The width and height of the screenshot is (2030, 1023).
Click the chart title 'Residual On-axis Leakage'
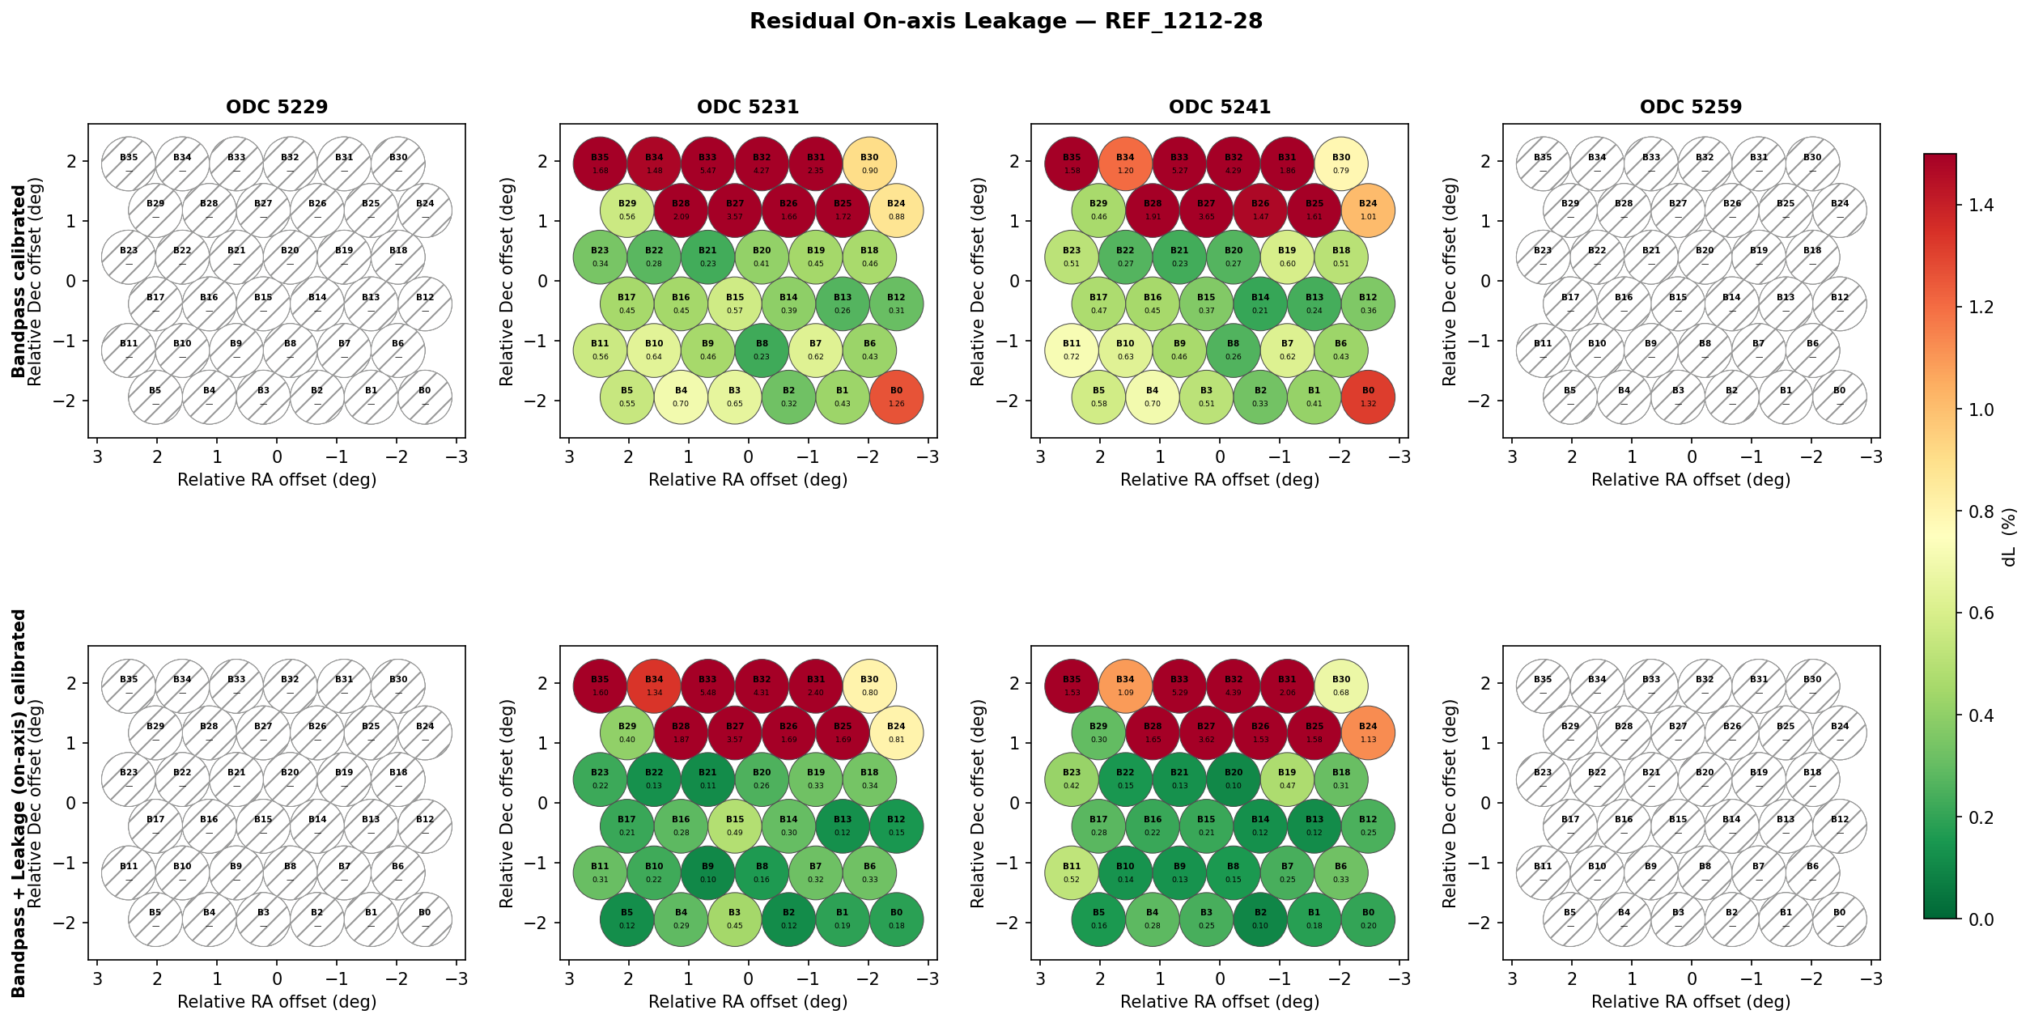click(1005, 21)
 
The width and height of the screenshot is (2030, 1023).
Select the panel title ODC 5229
click(277, 107)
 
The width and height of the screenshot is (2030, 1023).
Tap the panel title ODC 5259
click(1691, 107)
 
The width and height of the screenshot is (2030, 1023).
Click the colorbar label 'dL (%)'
click(2009, 537)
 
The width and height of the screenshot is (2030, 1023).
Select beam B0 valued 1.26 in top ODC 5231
click(896, 397)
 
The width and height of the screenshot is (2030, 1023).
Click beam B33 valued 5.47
click(707, 163)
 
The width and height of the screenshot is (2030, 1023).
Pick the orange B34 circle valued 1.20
click(1125, 163)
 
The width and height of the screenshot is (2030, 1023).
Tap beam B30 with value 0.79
click(1341, 163)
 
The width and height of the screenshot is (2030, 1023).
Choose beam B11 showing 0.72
click(1072, 350)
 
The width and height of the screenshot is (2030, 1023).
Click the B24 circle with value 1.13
click(1368, 733)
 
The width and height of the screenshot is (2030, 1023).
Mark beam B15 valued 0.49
click(734, 826)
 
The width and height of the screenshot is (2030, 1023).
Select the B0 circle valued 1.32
click(1368, 397)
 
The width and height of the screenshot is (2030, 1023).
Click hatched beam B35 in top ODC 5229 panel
click(129, 163)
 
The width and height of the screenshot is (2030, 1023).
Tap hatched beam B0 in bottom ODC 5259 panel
click(1839, 919)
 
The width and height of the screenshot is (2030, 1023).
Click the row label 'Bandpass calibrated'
click(18, 281)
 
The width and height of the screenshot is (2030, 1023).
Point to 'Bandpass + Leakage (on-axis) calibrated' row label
click(18, 803)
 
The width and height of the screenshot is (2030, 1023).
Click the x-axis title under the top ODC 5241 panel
click(1220, 480)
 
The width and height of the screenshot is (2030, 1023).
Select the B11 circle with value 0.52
click(1072, 873)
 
